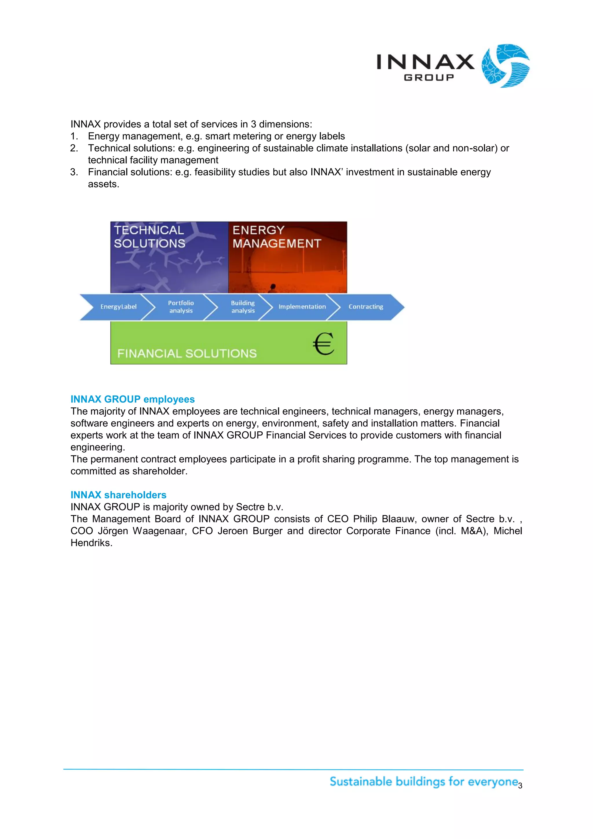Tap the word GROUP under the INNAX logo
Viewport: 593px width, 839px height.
coord(429,77)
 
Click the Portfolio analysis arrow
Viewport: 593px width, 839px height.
coord(181,307)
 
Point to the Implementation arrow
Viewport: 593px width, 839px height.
coord(302,307)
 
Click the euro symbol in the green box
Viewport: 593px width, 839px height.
coord(323,344)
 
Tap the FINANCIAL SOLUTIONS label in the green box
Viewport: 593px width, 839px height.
coord(187,353)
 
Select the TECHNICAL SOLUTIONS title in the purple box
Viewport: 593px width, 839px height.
coord(149,237)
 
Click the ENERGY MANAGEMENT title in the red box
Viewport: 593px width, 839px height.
coord(277,237)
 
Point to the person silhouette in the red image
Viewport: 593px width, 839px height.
coord(272,288)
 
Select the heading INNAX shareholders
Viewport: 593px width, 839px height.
coord(118,495)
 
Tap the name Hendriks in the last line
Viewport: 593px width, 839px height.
coord(91,543)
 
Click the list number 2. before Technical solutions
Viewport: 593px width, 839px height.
coord(74,148)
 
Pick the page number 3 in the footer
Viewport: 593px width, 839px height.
coord(520,786)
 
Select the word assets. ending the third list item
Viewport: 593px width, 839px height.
coord(103,184)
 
